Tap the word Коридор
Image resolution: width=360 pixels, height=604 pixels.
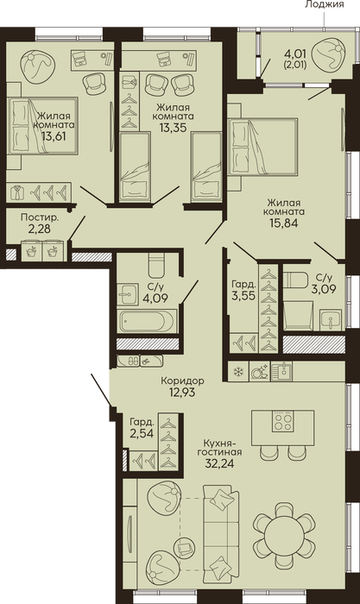(183, 381)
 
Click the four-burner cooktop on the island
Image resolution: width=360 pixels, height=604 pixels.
(283, 421)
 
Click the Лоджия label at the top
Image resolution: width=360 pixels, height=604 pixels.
(325, 4)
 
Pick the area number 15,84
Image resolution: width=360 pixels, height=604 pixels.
(284, 223)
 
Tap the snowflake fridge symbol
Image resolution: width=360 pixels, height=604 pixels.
(239, 372)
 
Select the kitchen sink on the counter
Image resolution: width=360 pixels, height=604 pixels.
(281, 371)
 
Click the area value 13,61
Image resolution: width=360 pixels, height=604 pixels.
(54, 135)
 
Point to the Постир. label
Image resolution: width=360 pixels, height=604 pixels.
(40, 218)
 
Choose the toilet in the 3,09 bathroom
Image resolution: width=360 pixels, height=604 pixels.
(294, 280)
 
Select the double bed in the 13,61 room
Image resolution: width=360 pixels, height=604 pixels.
(42, 126)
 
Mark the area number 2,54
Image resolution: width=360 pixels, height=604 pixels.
(142, 434)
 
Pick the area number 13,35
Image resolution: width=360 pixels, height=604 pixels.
(173, 127)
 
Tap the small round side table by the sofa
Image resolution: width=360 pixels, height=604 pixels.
(184, 546)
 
